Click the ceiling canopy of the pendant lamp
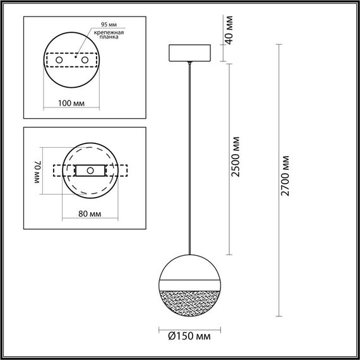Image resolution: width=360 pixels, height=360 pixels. pyautogui.click(x=190, y=53)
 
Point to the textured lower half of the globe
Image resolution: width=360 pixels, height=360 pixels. pyautogui.click(x=190, y=299)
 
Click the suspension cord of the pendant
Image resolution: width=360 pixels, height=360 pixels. pyautogui.click(x=190, y=158)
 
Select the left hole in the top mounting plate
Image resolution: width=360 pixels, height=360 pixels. pyautogui.click(x=60, y=60)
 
